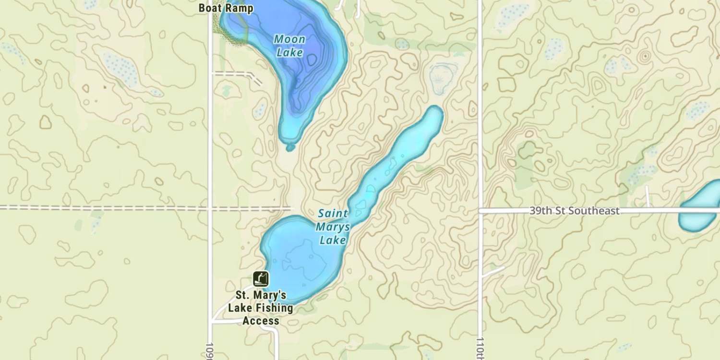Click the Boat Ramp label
226,9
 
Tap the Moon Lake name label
289,46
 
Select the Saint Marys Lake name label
333,226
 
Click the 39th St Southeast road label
575,210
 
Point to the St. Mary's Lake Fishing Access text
260,308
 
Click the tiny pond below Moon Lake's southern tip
290,147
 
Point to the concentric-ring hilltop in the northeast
645,57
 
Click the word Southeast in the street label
598,210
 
